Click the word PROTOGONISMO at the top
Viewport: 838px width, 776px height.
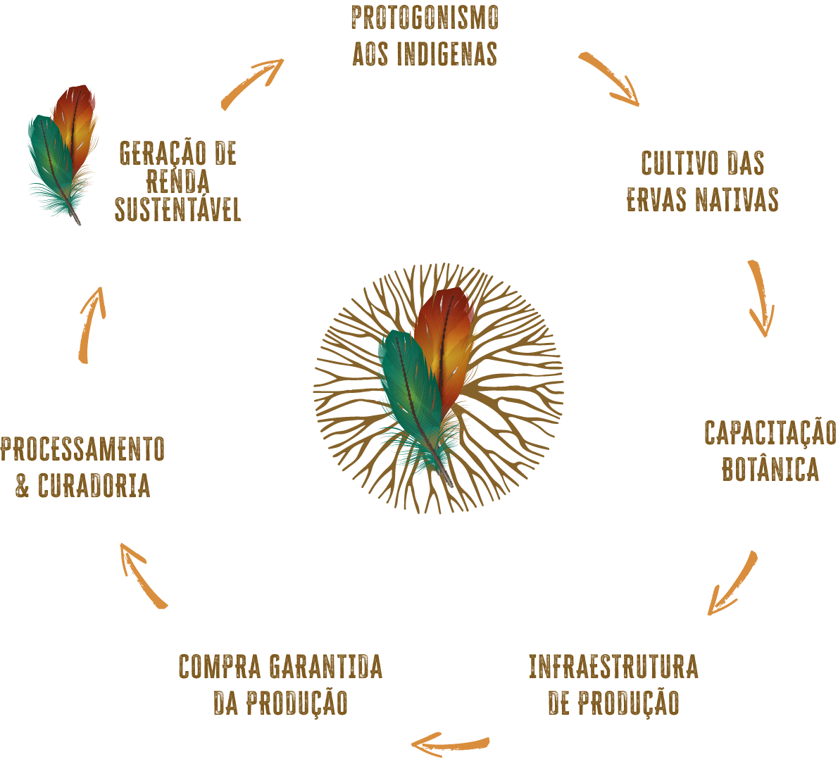tap(425, 19)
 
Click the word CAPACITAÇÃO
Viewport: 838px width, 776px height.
tap(770, 433)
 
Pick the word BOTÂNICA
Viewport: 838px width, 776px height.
tap(770, 470)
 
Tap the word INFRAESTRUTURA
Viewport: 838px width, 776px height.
tap(613, 667)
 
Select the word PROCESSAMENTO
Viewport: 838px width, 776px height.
tap(82, 450)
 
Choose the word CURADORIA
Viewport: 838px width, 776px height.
tap(94, 486)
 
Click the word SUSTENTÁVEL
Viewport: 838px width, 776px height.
tap(178, 210)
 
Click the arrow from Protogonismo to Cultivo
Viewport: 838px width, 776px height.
tap(610, 80)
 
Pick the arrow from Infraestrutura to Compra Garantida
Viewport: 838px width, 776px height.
tap(450, 743)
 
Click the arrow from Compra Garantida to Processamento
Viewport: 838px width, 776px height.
tap(143, 575)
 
